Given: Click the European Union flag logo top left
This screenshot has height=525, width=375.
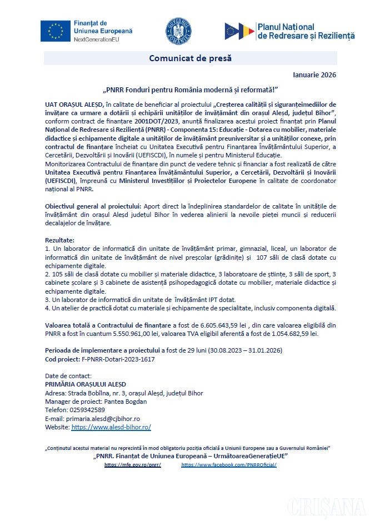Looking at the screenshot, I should pos(56,31).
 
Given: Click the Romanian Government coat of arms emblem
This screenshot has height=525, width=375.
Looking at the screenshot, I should pos(178,31).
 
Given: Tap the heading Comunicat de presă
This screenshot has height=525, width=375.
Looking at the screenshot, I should pos(190,58).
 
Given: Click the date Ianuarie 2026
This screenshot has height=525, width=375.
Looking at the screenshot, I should pos(314,75).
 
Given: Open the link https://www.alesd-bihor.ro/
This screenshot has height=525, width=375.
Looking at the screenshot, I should pos(111,427).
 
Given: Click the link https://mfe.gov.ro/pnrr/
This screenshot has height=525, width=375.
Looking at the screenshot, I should pos(133,464).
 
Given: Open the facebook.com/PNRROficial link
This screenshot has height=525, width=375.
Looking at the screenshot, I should pos(229,464).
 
